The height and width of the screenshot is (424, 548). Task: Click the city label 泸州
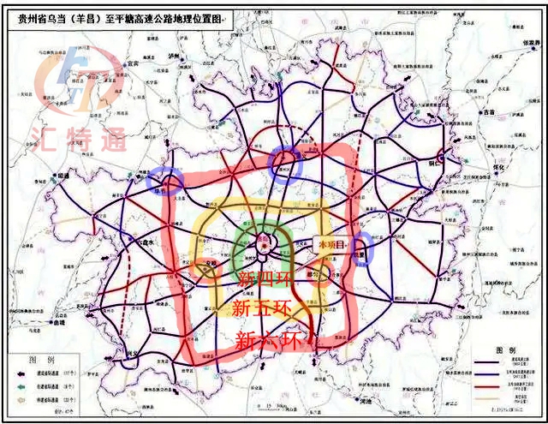point(175,57)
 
